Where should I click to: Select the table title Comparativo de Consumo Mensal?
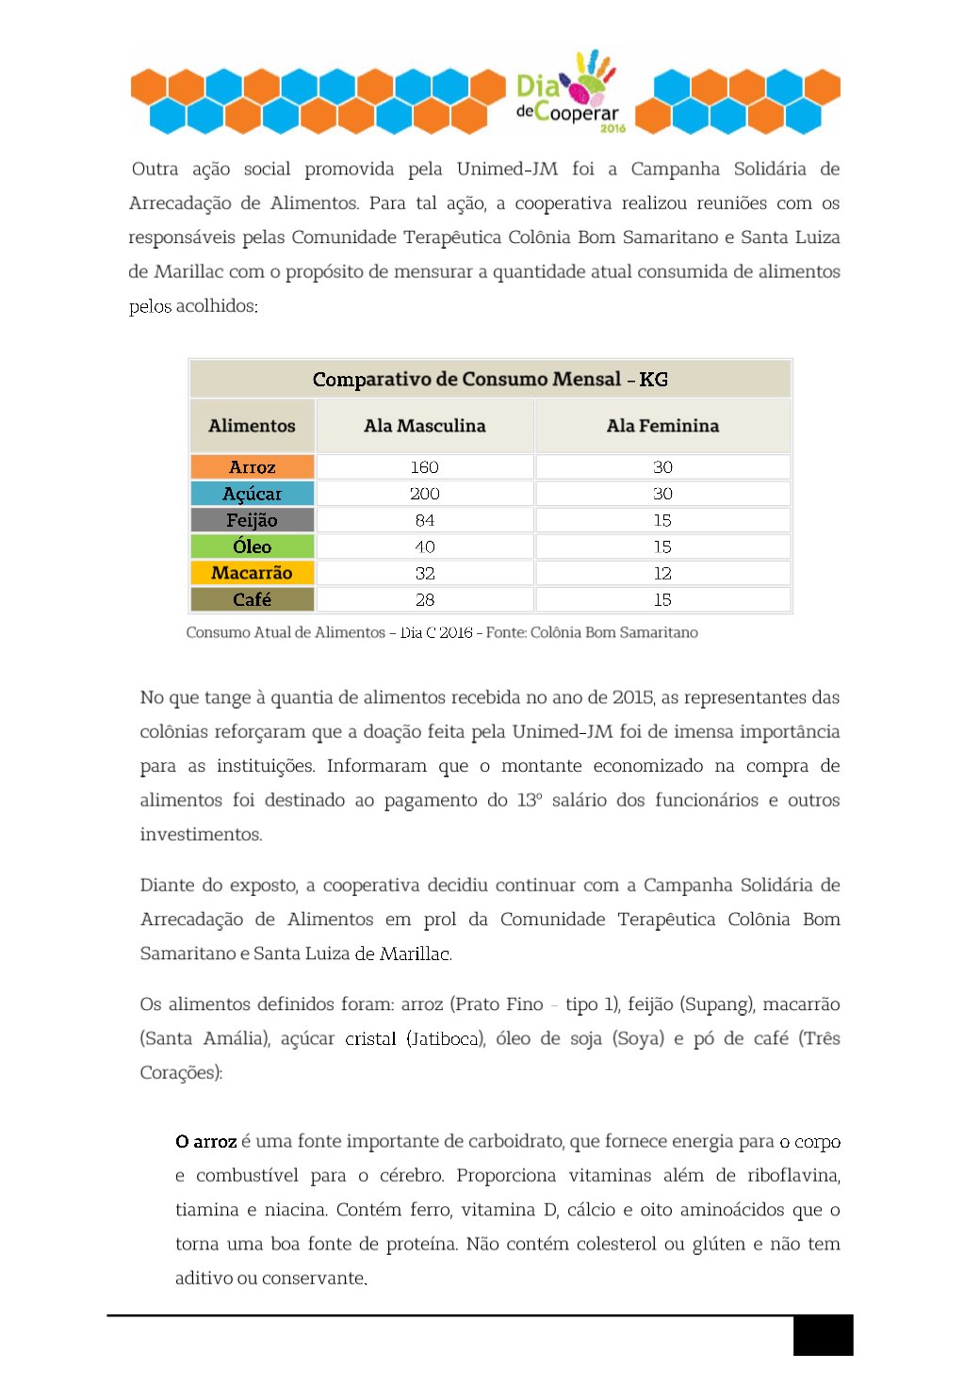click(490, 379)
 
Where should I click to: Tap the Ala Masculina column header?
click(425, 426)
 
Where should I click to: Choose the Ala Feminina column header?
click(662, 426)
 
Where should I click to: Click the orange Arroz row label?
click(253, 467)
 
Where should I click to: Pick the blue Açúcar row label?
click(253, 494)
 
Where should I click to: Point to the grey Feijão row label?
click(253, 520)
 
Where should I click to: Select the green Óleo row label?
click(253, 546)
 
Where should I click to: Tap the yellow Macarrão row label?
click(253, 573)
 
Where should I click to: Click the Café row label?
click(253, 599)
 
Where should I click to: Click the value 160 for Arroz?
click(425, 467)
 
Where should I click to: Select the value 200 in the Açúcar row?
click(425, 494)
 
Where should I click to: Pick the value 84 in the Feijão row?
click(425, 520)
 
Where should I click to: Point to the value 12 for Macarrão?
click(662, 573)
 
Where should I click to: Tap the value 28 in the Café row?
click(425, 599)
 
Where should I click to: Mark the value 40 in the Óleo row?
click(425, 546)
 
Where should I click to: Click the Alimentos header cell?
click(253, 426)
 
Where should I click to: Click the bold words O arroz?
click(205, 1142)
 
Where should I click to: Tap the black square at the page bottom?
click(823, 1335)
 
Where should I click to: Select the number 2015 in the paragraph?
click(632, 698)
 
